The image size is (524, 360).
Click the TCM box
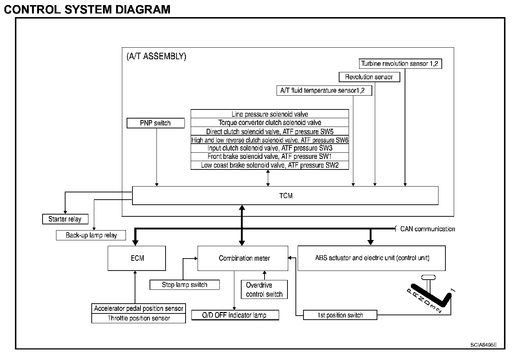click(285, 196)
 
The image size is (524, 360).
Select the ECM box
click(137, 258)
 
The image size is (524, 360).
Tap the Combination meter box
click(243, 258)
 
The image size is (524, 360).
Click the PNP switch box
click(155, 123)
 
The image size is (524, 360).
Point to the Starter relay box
click(65, 219)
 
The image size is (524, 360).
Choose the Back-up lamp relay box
click(91, 235)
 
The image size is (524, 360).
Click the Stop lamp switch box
click(184, 285)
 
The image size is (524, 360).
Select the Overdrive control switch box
click(264, 289)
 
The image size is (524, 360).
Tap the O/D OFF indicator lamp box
click(235, 315)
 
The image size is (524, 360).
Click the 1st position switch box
click(340, 315)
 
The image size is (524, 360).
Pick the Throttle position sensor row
click(138, 318)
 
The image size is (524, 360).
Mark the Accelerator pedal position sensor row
click(138, 308)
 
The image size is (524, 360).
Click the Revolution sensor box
click(369, 77)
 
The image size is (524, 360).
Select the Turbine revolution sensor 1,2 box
click(400, 64)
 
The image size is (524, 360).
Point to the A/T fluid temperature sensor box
click(324, 90)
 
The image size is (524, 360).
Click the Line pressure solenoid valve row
click(270, 114)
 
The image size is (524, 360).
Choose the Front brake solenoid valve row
click(270, 157)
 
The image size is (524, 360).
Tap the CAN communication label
click(427, 229)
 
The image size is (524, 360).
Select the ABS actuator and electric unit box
click(372, 258)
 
